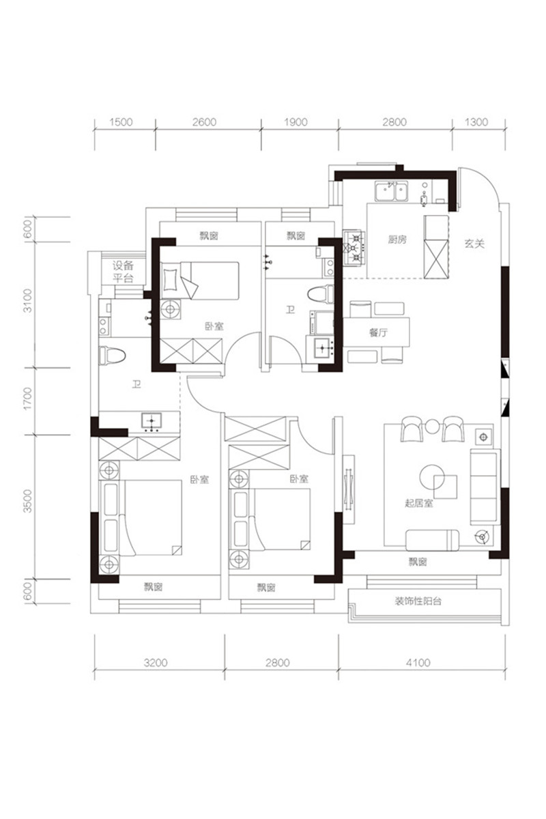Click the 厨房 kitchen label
click(397, 240)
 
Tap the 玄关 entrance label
click(474, 244)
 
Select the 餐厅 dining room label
click(378, 333)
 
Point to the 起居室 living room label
click(419, 503)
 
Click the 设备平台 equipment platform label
click(123, 272)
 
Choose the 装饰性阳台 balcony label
click(418, 601)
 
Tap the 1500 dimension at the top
click(121, 121)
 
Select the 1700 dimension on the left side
click(28, 399)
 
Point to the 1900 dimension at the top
click(296, 121)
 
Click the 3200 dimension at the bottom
click(156, 662)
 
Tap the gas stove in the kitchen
click(354, 248)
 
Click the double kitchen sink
click(391, 191)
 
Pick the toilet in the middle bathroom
click(321, 295)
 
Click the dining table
click(376, 332)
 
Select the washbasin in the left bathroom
click(152, 421)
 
